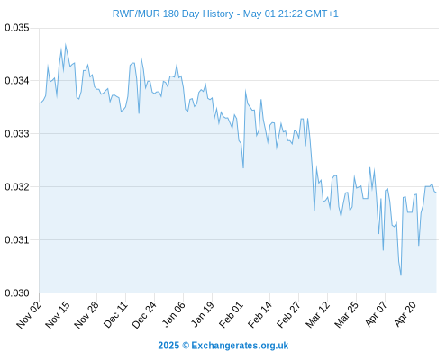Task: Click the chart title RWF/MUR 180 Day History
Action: pyautogui.click(x=173, y=13)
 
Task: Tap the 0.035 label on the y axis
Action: pyautogui.click(x=17, y=28)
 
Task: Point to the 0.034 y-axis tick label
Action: pyautogui.click(x=17, y=81)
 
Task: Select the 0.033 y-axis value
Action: pyautogui.click(x=17, y=133)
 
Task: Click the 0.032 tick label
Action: pyautogui.click(x=17, y=186)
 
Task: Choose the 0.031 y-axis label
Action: pyautogui.click(x=17, y=239)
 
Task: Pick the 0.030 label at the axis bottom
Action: pyautogui.click(x=17, y=292)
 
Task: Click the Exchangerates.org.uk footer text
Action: pyautogui.click(x=240, y=346)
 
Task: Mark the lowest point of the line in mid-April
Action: pyautogui.click(x=401, y=275)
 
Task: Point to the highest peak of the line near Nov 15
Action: pyautogui.click(x=66, y=45)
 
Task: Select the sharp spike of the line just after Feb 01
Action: pyautogui.click(x=245, y=91)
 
